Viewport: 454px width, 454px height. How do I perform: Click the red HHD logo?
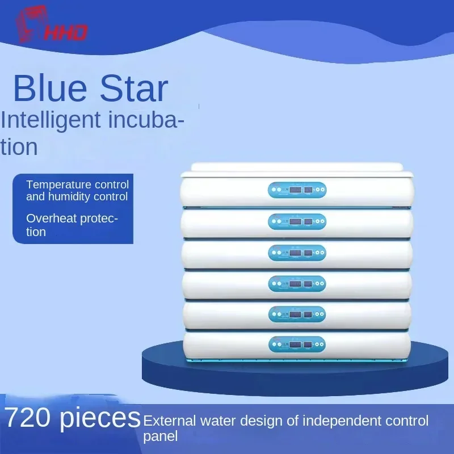[51, 24]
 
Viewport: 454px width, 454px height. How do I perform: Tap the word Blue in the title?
[50, 88]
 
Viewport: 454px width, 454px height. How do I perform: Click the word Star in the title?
[134, 88]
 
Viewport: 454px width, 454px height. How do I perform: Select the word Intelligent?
[51, 120]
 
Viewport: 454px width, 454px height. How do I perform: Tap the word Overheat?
[51, 218]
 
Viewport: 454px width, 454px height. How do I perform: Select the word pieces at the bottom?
[100, 419]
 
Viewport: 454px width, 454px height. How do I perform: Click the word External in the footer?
[169, 421]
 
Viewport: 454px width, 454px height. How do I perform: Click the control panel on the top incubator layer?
[297, 190]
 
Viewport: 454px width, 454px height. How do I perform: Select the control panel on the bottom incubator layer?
[297, 344]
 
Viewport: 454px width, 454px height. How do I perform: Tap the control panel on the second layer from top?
[297, 221]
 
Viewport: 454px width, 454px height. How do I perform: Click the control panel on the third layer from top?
[297, 253]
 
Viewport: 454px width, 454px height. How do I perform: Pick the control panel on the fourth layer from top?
[297, 284]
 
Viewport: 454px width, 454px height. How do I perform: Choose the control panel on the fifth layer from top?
[297, 314]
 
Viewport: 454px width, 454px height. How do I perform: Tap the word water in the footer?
[218, 421]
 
